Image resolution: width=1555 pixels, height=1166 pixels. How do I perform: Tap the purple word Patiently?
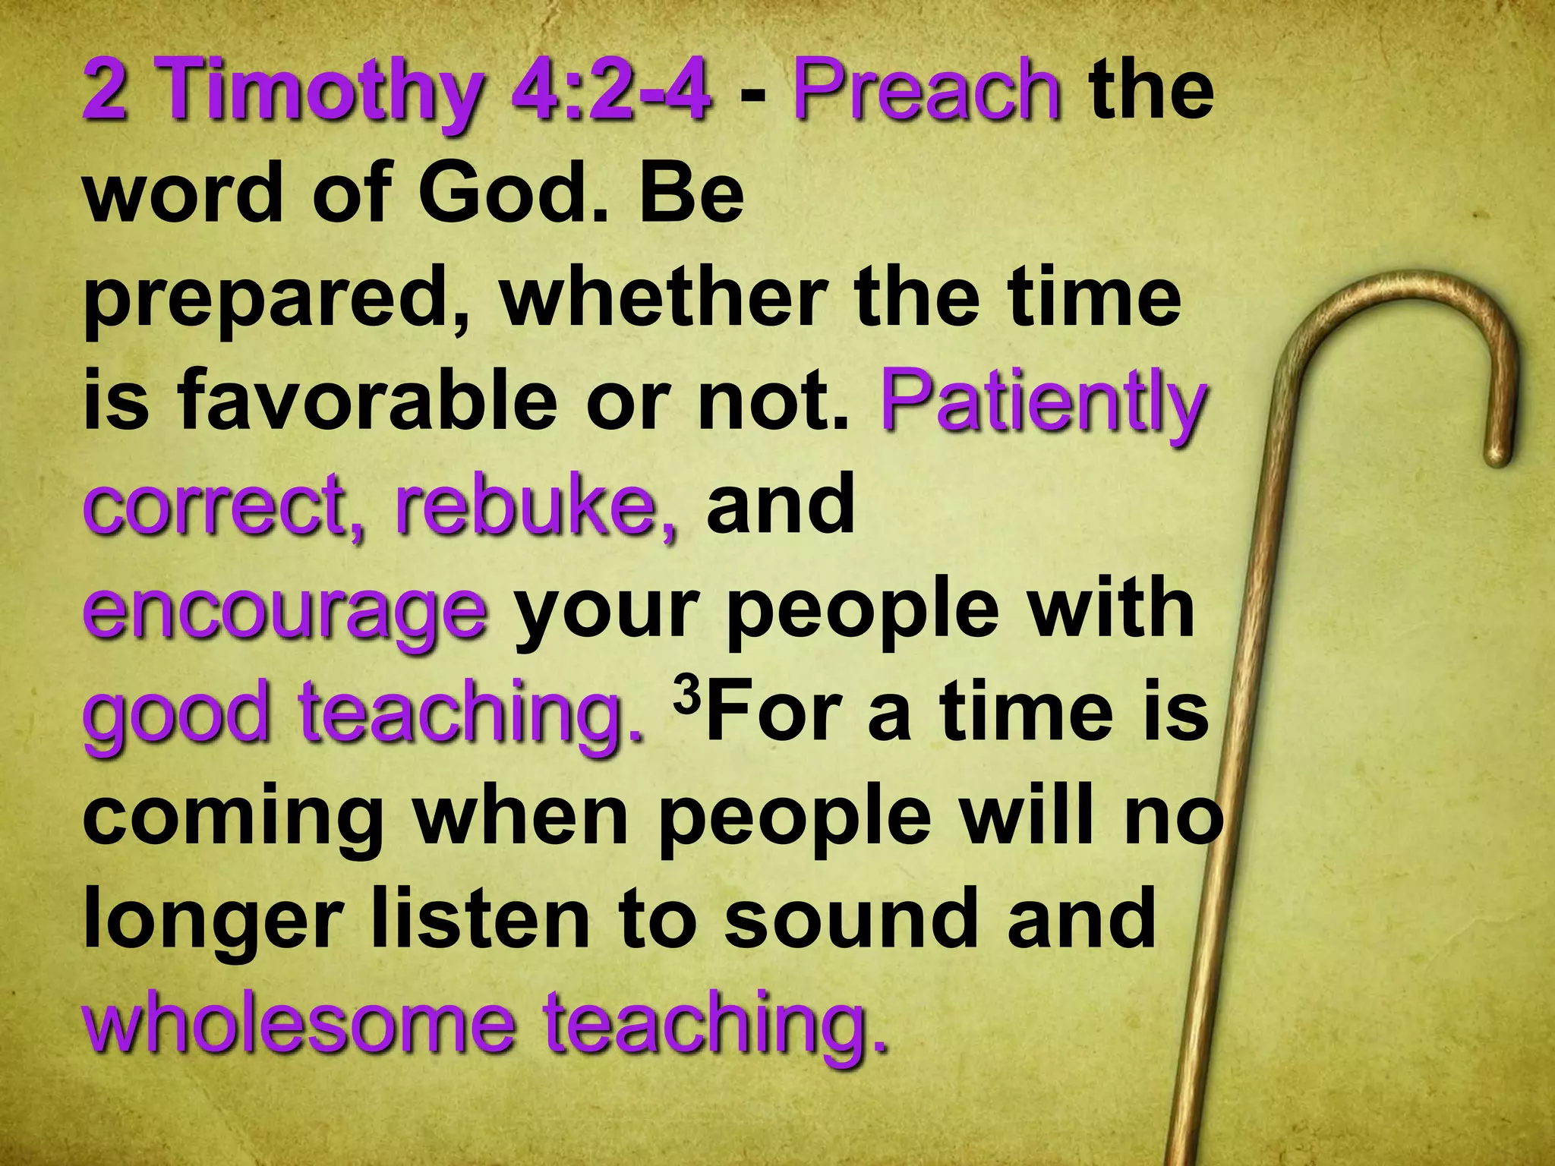pyautogui.click(x=1042, y=402)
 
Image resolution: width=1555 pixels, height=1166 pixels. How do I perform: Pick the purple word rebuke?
pyautogui.click(x=535, y=505)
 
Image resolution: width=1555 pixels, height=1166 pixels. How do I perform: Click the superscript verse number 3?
pyautogui.click(x=686, y=695)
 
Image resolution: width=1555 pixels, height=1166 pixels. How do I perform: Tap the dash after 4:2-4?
pyautogui.click(x=752, y=95)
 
